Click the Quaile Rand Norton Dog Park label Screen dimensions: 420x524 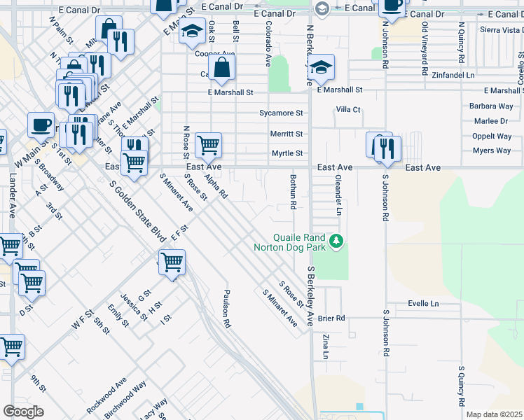291,241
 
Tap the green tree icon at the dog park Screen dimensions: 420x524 337,241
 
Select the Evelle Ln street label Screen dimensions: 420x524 423,304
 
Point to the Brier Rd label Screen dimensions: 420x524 331,318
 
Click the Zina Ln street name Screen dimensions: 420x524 326,346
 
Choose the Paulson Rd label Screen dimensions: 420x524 226,309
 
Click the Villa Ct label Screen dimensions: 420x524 347,110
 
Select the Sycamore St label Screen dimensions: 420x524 281,113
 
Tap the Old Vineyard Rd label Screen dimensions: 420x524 425,48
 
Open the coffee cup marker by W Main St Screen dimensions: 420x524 41,124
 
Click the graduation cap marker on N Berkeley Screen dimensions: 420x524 322,66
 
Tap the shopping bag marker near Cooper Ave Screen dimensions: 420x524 221,67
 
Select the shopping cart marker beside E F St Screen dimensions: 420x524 172,262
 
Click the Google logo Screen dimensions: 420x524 23,412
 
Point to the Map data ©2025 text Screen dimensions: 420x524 494,414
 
